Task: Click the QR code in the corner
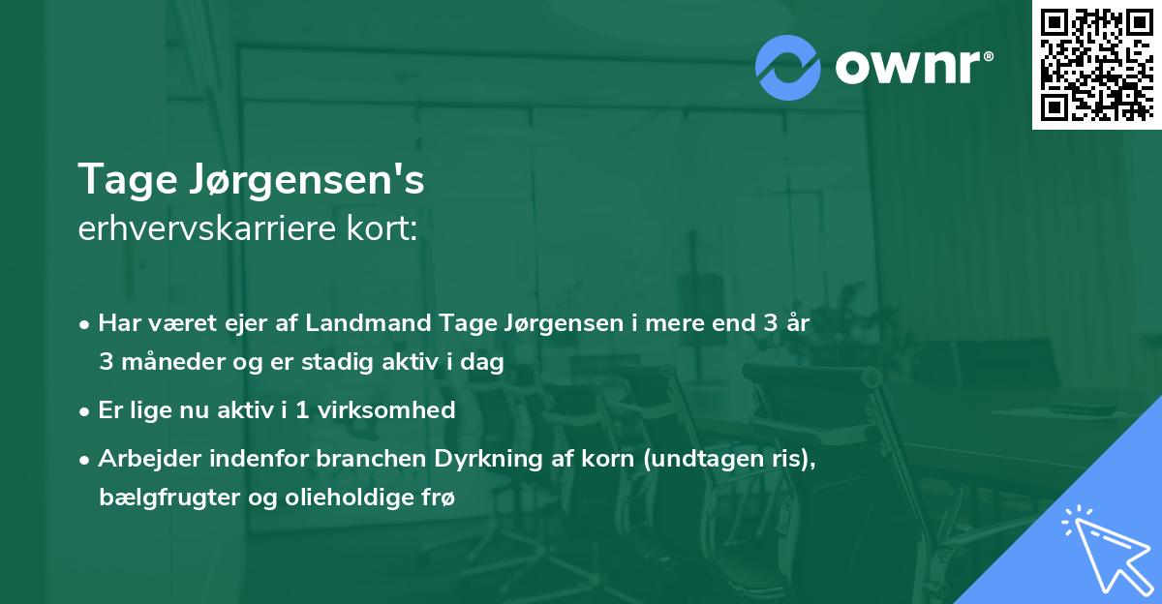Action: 1096,64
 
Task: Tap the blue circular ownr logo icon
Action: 789,67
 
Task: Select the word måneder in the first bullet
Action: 165,362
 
